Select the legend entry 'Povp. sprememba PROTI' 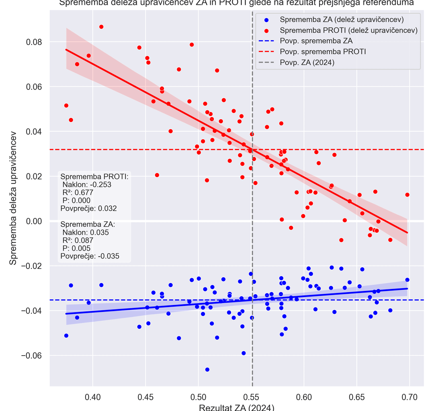323,52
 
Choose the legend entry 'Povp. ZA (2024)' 307,63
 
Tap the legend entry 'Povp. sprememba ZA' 316,41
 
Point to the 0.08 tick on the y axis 34,42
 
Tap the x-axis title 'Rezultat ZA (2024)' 237,407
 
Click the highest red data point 101,27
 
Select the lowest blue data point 207,369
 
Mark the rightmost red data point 407,195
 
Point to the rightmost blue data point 407,280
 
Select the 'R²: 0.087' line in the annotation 78,240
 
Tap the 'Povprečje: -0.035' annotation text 90,256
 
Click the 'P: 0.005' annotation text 76,248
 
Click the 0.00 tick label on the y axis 34,221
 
